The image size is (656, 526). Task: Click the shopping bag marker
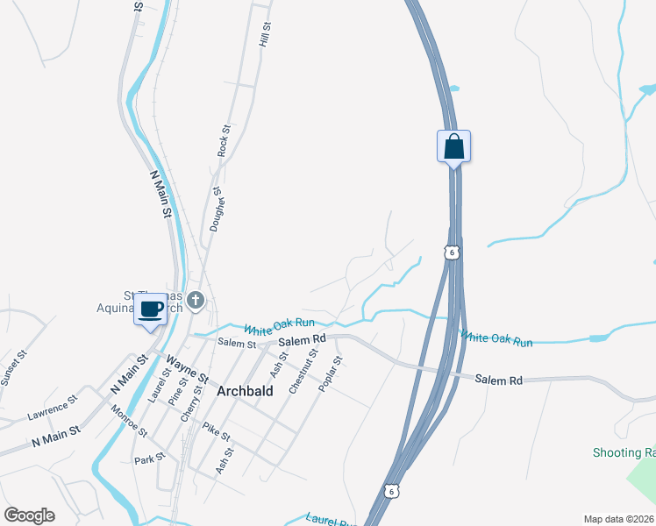point(453,146)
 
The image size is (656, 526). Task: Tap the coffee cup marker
point(150,309)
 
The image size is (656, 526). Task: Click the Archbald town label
point(245,393)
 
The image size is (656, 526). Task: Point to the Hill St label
point(264,35)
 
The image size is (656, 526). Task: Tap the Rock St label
point(225,140)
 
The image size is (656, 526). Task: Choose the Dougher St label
point(217,208)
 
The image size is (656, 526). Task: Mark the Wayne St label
point(186,368)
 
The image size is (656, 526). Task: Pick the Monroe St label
point(129,419)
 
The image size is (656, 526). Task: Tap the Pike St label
point(216,430)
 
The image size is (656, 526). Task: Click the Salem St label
point(236,343)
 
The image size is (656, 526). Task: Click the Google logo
point(30,515)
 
